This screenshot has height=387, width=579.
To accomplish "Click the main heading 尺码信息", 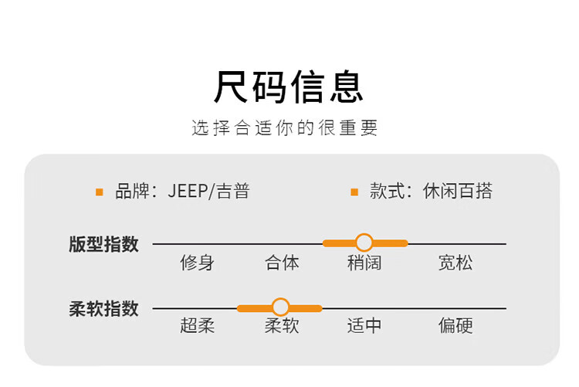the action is (289, 87).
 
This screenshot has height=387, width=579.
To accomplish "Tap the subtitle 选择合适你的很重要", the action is (285, 128).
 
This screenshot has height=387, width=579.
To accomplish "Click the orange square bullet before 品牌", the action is (100, 192).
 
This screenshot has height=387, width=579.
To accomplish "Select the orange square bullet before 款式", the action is (354, 192).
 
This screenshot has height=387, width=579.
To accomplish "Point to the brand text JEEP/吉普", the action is (209, 191).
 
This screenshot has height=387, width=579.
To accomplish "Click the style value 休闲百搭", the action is (458, 191).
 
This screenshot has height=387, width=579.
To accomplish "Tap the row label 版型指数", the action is (103, 244).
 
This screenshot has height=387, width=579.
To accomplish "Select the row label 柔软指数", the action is (103, 309).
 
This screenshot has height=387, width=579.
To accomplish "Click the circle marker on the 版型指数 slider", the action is (364, 243).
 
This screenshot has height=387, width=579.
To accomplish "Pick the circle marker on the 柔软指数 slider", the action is (280, 307).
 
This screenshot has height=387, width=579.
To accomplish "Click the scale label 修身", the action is (197, 263).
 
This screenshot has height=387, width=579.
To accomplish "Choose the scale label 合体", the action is (282, 263).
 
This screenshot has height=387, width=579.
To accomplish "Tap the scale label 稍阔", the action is (364, 263).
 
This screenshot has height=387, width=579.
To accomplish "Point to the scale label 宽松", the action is (455, 263).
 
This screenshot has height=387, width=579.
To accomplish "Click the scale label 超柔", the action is (197, 326).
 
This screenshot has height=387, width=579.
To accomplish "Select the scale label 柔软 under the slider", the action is (282, 326).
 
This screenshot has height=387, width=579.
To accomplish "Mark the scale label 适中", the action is (364, 326).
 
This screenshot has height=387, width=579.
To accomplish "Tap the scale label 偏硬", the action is (455, 326).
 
